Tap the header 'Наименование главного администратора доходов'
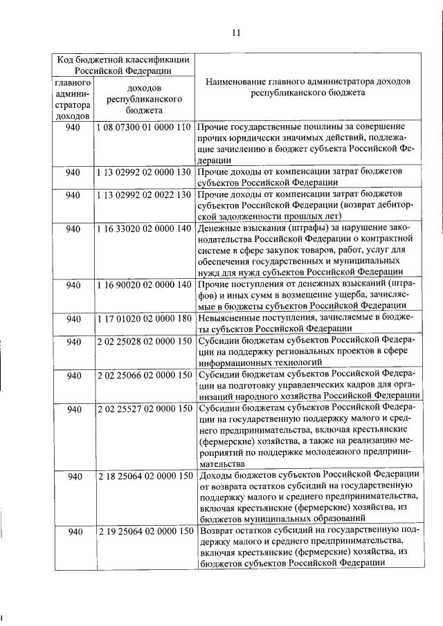click(308, 82)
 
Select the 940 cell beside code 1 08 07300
click(73, 128)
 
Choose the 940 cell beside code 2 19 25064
click(73, 531)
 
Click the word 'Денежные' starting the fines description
click(218, 228)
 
